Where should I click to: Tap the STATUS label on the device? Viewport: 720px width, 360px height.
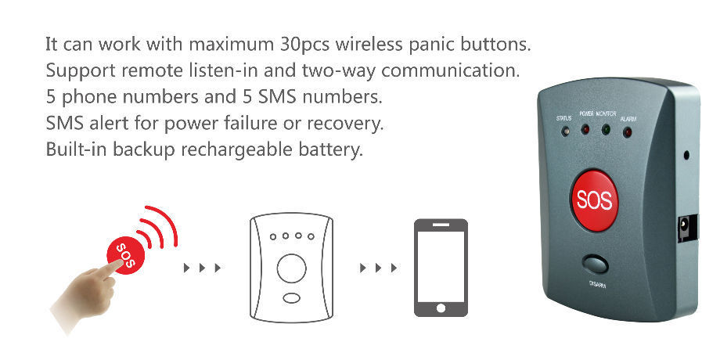563,118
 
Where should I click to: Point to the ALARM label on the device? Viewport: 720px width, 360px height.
628,118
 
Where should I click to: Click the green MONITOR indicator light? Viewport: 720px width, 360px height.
605,128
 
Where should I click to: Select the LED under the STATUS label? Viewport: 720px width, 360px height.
564,130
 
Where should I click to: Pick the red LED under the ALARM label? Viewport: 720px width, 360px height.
627,131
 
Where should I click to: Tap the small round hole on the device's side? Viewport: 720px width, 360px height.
686,154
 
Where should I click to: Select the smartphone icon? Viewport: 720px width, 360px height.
441,268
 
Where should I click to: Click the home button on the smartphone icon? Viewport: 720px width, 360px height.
441,309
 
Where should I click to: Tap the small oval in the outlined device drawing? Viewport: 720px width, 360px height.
291,298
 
